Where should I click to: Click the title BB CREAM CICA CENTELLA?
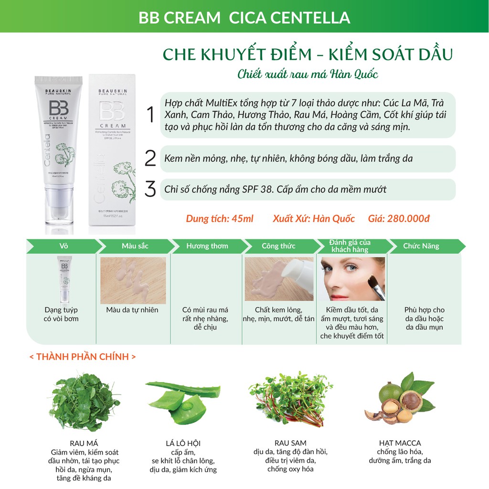click(x=244, y=17)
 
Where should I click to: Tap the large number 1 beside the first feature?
click(x=150, y=116)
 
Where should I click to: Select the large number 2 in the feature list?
click(x=150, y=159)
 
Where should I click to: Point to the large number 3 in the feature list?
click(x=150, y=189)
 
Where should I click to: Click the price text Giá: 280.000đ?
click(x=399, y=219)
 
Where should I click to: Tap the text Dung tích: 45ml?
click(x=220, y=219)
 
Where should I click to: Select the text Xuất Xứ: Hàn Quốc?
click(x=314, y=219)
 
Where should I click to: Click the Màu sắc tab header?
click(x=135, y=246)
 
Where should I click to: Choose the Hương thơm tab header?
click(x=207, y=246)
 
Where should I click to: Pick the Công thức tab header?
click(x=278, y=246)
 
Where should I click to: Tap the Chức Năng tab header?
click(x=421, y=246)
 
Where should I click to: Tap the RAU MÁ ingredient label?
click(x=84, y=443)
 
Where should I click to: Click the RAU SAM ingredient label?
click(x=290, y=443)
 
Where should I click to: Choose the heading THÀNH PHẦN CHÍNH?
click(x=82, y=357)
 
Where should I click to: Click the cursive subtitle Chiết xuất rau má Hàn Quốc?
click(x=308, y=74)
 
